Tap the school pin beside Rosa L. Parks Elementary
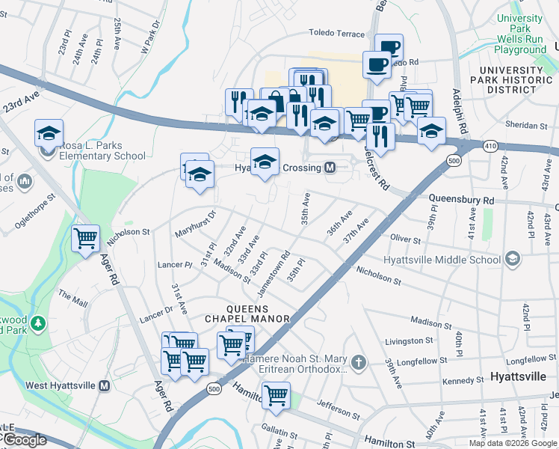pyautogui.click(x=49, y=134)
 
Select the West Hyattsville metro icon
pyautogui.click(x=104, y=385)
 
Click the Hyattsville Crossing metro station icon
pyautogui.click(x=329, y=168)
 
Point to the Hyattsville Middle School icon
pyautogui.click(x=512, y=260)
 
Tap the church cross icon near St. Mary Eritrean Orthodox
pyautogui.click(x=359, y=363)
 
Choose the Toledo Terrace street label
pyautogui.click(x=338, y=34)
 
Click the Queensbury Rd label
pyautogui.click(x=462, y=201)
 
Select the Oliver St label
pyautogui.click(x=406, y=240)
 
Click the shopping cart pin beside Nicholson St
pyautogui.click(x=85, y=239)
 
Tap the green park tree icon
pyautogui.click(x=35, y=323)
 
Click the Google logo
pyautogui.click(x=25, y=440)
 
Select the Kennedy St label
pyautogui.click(x=460, y=382)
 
